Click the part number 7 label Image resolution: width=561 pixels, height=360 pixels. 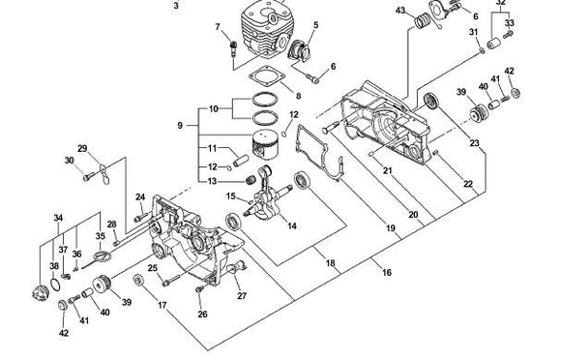[218, 26]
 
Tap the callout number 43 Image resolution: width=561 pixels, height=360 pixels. [401, 11]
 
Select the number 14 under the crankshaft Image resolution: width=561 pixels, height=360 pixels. [291, 225]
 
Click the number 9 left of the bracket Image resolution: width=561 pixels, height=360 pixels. [178, 125]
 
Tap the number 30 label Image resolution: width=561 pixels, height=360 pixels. [69, 161]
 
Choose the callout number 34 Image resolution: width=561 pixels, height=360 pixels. [58, 218]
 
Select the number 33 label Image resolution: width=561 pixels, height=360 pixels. [510, 23]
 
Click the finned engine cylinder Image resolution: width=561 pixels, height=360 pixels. [255, 35]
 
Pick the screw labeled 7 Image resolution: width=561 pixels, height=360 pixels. [232, 46]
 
